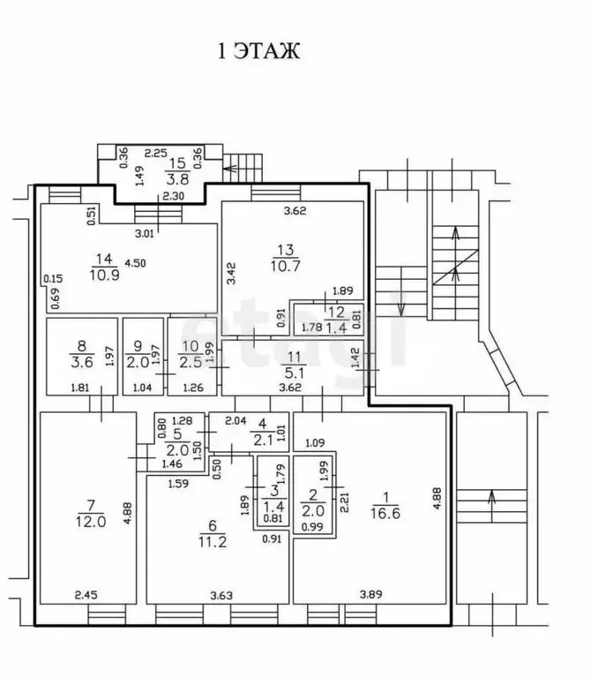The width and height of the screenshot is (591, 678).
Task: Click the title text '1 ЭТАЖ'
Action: pyautogui.click(x=258, y=50)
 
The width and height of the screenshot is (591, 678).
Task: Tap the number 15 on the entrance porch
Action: pyautogui.click(x=177, y=162)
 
